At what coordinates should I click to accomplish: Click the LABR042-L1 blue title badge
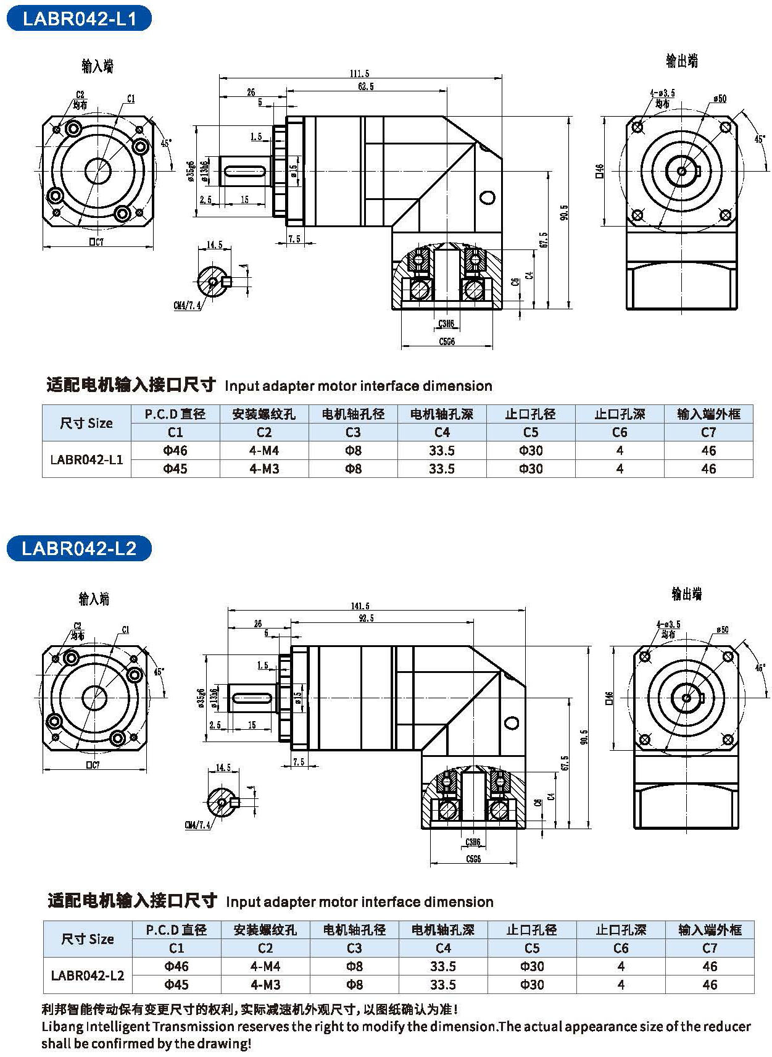click(x=79, y=19)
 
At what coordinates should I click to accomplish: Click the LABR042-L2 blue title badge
click(x=79, y=548)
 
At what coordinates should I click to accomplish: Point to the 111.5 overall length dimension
click(x=359, y=73)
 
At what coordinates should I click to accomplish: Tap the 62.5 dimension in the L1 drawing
click(x=365, y=86)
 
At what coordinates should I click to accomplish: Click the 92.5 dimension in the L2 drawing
click(x=365, y=618)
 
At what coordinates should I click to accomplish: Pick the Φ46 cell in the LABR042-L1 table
click(x=175, y=451)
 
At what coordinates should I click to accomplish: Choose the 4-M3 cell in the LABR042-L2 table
click(x=265, y=985)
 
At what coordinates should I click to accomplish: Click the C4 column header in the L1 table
click(x=442, y=432)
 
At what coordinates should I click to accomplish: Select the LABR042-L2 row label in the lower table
click(x=88, y=976)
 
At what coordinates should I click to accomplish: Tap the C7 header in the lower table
click(x=710, y=948)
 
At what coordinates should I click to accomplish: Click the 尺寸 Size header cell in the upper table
click(x=86, y=424)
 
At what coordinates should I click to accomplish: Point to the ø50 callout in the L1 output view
click(x=720, y=99)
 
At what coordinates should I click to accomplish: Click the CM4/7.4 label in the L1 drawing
click(x=187, y=306)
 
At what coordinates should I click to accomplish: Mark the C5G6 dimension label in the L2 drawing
click(x=473, y=859)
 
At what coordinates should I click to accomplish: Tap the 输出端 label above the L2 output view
click(x=686, y=594)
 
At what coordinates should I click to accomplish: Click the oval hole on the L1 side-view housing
click(x=487, y=198)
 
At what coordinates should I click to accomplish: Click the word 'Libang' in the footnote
click(x=62, y=1027)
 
